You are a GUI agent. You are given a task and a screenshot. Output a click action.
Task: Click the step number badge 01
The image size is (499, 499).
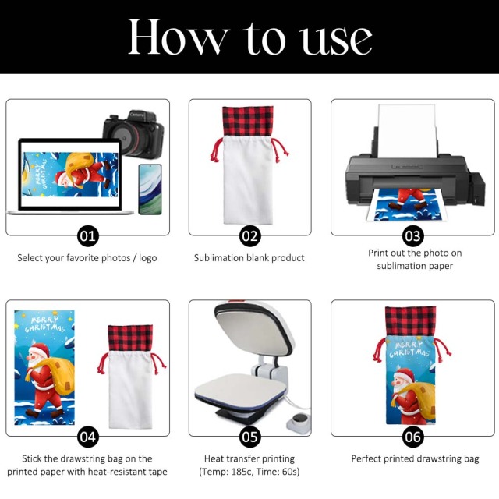point(88,236)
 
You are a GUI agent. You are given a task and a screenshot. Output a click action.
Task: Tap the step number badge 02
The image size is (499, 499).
point(249,236)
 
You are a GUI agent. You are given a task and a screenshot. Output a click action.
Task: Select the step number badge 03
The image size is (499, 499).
point(412,236)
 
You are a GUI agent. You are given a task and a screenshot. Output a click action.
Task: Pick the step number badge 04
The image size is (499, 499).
point(88,437)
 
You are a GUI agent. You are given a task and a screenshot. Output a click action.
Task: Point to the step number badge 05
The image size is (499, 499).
point(249,437)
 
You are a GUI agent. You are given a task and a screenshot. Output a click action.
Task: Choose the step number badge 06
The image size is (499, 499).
point(412,437)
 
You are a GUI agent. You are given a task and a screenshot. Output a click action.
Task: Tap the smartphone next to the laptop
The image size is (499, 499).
point(150,189)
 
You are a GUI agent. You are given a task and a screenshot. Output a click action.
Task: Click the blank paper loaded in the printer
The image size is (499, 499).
point(407,130)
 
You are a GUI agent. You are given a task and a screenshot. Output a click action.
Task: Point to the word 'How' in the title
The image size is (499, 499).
point(179,37)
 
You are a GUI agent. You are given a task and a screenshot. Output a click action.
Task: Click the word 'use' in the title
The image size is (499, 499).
point(337,41)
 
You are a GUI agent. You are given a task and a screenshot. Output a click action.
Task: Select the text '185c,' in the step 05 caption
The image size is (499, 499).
point(242,471)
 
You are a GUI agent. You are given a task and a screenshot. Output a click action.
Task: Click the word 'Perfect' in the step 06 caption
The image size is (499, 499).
point(366,458)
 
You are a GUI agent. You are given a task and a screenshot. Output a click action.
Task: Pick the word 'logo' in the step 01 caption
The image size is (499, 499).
point(147,258)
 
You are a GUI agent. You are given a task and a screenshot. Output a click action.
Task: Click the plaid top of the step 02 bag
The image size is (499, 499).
point(248,122)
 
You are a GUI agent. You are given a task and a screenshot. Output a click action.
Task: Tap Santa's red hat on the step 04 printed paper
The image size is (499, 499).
point(40,350)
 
